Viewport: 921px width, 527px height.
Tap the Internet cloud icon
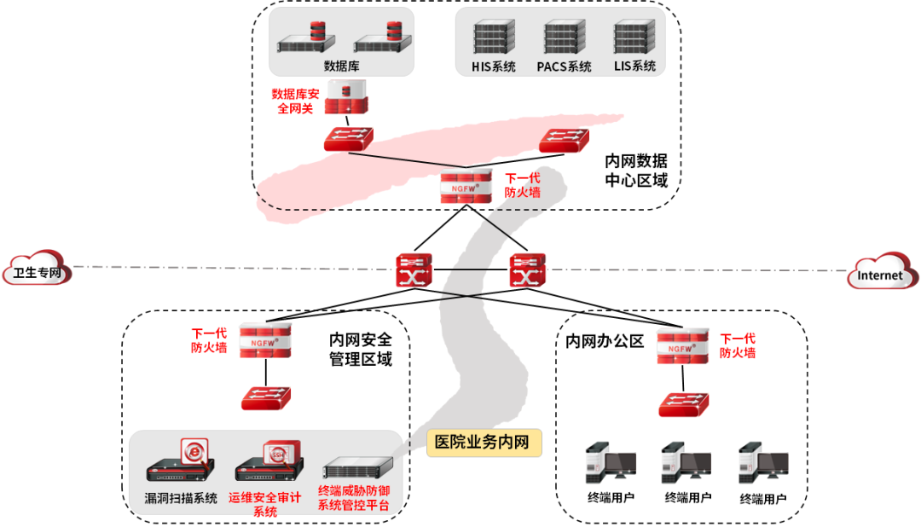(883, 271)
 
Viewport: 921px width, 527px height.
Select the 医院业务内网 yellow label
(484, 443)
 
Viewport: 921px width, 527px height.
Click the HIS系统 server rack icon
(494, 39)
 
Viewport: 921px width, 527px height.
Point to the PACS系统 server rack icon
(564, 39)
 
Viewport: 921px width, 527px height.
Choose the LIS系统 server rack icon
(634, 39)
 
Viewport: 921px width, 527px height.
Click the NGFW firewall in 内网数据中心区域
(466, 186)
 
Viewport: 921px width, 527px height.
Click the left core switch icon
(414, 270)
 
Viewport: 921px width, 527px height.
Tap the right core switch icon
(527, 270)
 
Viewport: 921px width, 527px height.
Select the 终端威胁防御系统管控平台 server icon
(357, 468)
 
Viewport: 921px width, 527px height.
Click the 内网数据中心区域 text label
(636, 171)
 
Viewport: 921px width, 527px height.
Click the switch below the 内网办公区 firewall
(683, 404)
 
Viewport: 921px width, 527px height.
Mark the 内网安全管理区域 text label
(361, 350)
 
